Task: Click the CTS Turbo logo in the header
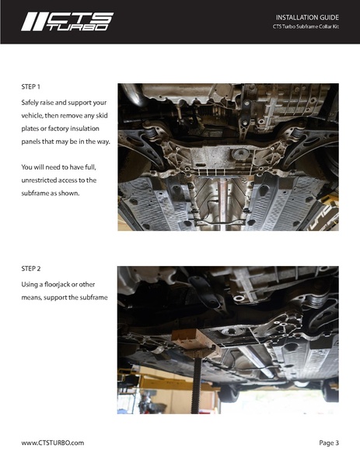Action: click(x=67, y=21)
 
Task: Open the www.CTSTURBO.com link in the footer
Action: click(x=52, y=443)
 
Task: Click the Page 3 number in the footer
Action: click(x=329, y=443)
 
